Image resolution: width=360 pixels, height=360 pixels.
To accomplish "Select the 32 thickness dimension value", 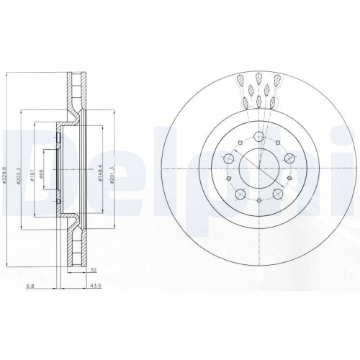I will click(x=94, y=270).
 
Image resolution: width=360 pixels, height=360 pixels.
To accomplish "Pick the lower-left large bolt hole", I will click(x=240, y=192).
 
